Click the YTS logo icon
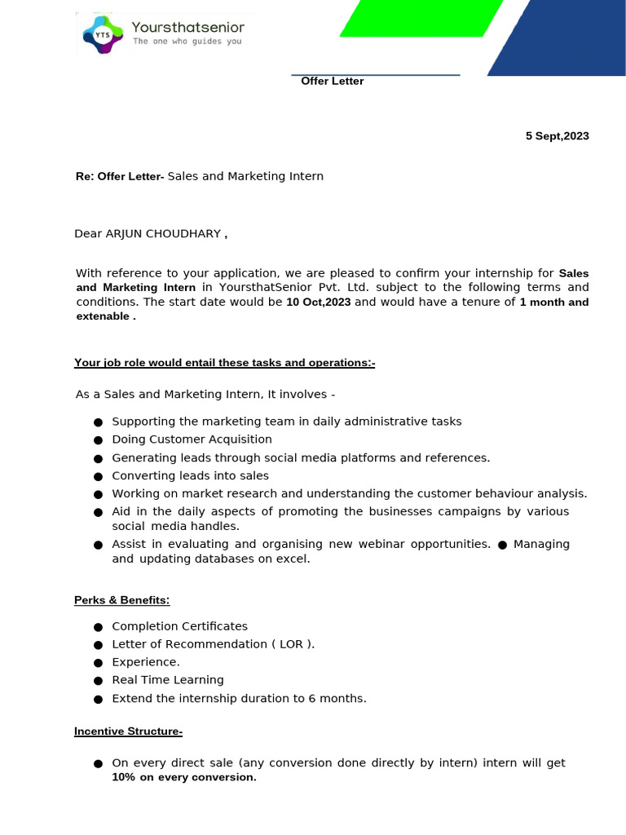point(102,35)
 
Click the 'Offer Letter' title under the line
point(333,82)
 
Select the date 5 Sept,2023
point(557,136)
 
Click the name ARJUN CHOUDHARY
point(163,234)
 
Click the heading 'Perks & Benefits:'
point(122,600)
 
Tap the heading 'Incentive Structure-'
point(128,732)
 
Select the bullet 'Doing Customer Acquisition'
point(192,440)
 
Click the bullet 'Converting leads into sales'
point(190,475)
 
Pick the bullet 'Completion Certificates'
point(179,626)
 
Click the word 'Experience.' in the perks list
point(146,662)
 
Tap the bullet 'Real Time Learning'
point(167,680)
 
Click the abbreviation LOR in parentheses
point(291,644)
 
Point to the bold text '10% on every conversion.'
point(184,778)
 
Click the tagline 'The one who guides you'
point(187,42)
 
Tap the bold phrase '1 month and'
point(554,303)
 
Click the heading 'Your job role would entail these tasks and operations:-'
point(225,363)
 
